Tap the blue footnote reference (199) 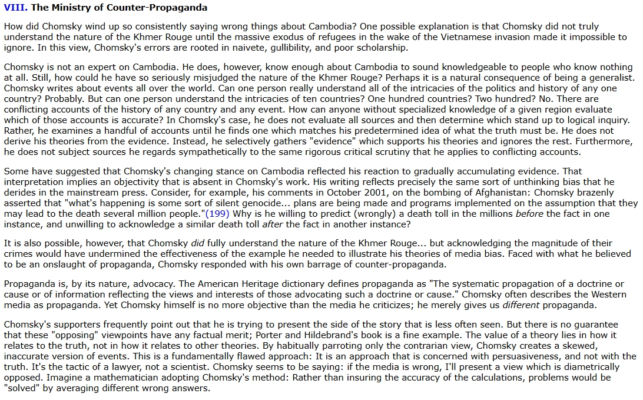[x=216, y=213]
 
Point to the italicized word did [x=198, y=244]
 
